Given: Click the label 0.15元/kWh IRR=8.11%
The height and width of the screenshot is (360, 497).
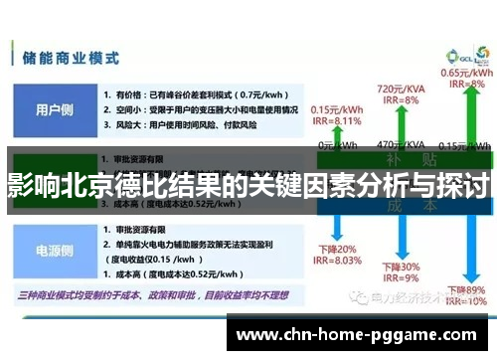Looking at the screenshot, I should [336, 115].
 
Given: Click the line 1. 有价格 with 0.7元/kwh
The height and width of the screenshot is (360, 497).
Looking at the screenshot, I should [185, 92].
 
